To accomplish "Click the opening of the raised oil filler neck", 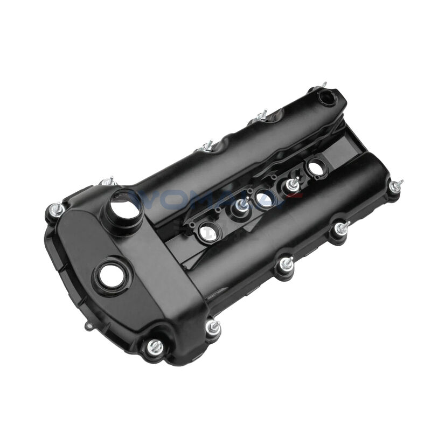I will pos(124,204).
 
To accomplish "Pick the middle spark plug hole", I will pos(262,195).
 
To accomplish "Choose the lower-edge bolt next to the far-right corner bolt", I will pos(340,229).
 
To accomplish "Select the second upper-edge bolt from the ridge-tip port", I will pos(207,146).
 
